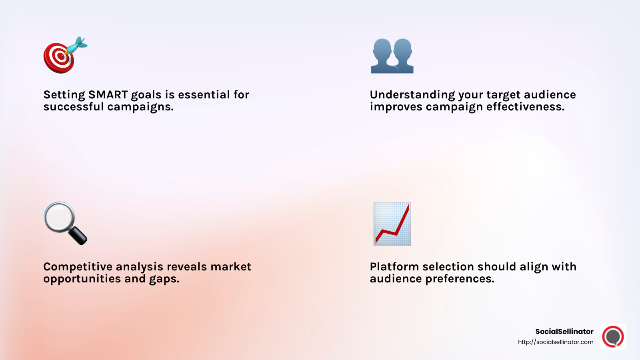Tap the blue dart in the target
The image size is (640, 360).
tap(77, 45)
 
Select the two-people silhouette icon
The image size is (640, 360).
tap(392, 56)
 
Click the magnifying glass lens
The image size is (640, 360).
tap(59, 217)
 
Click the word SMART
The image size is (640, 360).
tap(108, 95)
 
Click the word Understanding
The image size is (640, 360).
tap(412, 95)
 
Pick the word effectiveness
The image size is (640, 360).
tap(525, 107)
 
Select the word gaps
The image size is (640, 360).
tap(164, 280)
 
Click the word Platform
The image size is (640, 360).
tap(394, 267)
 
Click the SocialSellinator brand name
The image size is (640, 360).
tap(564, 332)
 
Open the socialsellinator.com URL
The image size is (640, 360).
tap(556, 342)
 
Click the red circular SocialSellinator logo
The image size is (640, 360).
tap(613, 336)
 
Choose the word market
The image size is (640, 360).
tap(231, 267)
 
